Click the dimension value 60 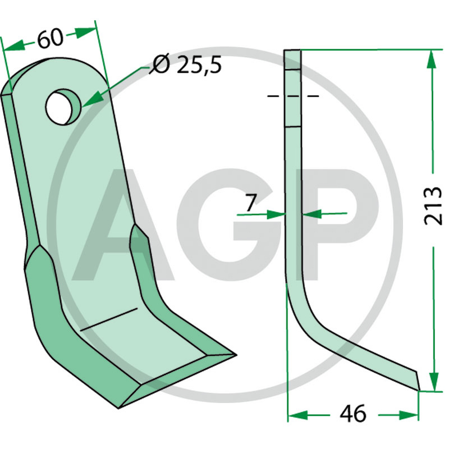coord(50,38)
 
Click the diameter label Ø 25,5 coord(185,65)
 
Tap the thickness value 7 coord(250,203)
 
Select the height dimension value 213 coord(432,205)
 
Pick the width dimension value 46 coord(353,414)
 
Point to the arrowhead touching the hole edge coord(91,100)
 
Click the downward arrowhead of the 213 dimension coord(434,382)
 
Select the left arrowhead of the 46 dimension coord(297,415)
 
